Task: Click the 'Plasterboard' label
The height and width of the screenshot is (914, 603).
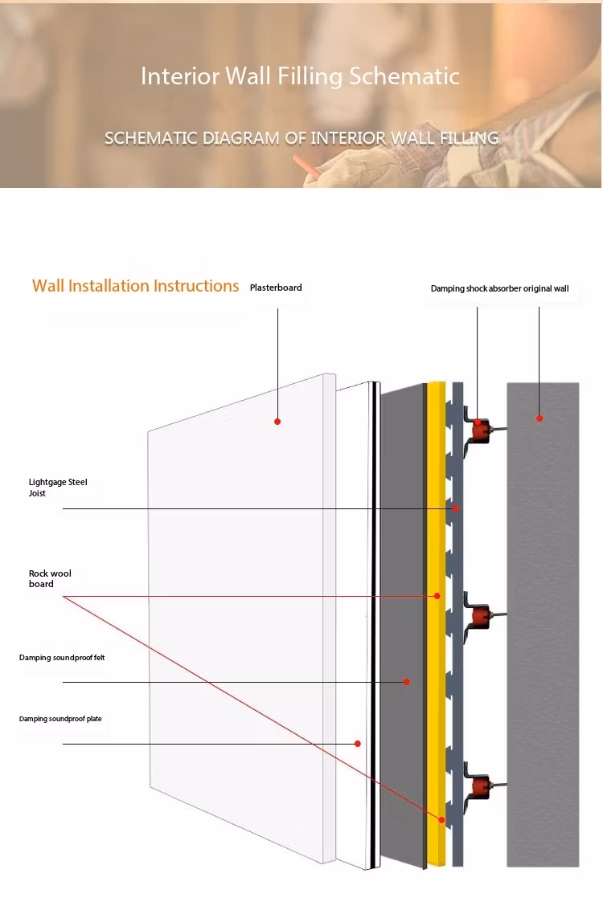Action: pos(276,288)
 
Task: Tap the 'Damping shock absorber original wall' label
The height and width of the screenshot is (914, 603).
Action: pos(499,288)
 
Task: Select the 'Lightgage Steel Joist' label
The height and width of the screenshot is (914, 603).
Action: pos(58,488)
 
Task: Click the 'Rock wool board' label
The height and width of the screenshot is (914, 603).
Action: pos(50,579)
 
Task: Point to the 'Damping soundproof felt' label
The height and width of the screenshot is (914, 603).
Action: pos(62,658)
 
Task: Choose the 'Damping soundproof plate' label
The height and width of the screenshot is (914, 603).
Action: pos(60,719)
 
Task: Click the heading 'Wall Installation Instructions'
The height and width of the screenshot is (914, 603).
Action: pos(135,286)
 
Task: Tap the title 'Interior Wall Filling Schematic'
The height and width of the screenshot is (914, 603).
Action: pos(300,76)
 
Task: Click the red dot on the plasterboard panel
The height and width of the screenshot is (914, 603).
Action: pos(277,422)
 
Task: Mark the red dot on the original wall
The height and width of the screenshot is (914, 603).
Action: pos(539,418)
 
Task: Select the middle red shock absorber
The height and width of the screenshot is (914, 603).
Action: pos(481,615)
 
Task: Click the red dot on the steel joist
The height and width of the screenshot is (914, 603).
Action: pos(456,508)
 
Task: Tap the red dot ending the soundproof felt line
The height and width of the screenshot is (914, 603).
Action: pos(407,681)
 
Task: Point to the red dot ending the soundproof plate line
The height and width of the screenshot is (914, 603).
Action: pos(357,743)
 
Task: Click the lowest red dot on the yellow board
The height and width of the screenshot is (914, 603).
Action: pos(442,819)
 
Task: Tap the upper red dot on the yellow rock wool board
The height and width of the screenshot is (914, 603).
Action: pos(437,596)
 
